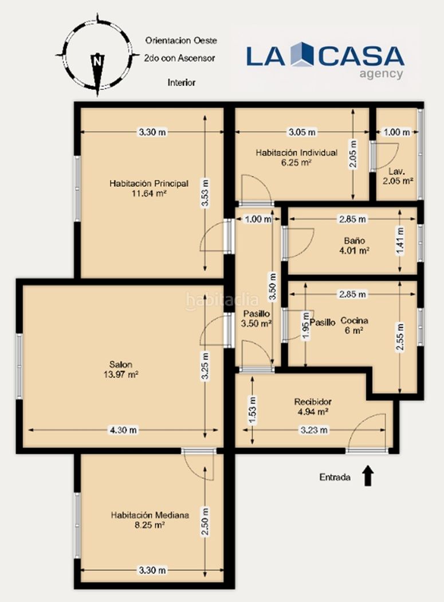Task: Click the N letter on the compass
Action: click(98, 61)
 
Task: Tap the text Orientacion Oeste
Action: click(181, 40)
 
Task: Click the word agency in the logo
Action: click(381, 74)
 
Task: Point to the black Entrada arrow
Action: click(368, 476)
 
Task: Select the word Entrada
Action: click(335, 477)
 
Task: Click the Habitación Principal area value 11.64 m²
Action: click(149, 194)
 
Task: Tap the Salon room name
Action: click(120, 365)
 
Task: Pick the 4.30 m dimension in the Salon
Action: click(123, 430)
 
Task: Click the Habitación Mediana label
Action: click(150, 515)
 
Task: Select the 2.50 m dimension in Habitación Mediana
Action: click(205, 521)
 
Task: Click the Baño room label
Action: click(354, 241)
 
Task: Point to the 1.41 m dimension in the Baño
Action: click(400, 241)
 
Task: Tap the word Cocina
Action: click(354, 320)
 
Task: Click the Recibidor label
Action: click(313, 402)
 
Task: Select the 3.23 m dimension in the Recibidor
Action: click(313, 430)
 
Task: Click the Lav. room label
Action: click(396, 171)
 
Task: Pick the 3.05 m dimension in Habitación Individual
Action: click(302, 132)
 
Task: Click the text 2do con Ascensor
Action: click(179, 58)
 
